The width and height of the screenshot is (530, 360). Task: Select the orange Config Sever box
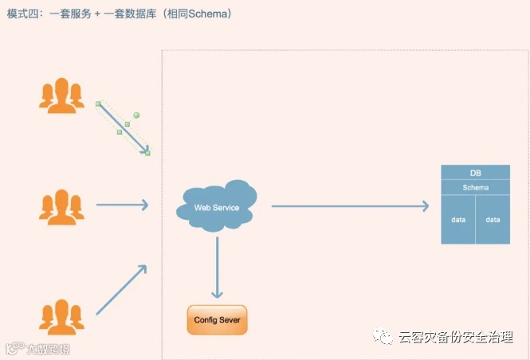click(x=217, y=319)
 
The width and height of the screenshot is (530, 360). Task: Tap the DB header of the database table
click(x=475, y=173)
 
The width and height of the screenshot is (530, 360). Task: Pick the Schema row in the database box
click(x=475, y=187)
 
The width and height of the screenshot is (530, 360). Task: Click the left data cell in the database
click(x=458, y=219)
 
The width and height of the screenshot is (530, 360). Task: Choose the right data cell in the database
click(x=493, y=219)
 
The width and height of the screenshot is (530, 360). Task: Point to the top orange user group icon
click(x=61, y=96)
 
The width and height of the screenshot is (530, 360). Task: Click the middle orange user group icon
click(x=61, y=205)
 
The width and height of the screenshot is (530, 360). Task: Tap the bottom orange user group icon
click(x=61, y=316)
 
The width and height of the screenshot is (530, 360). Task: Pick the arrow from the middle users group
click(x=121, y=205)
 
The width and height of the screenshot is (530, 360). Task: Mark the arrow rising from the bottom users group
click(x=121, y=289)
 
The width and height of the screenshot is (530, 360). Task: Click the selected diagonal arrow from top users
click(x=124, y=127)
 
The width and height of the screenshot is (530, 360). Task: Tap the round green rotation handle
click(x=136, y=115)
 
